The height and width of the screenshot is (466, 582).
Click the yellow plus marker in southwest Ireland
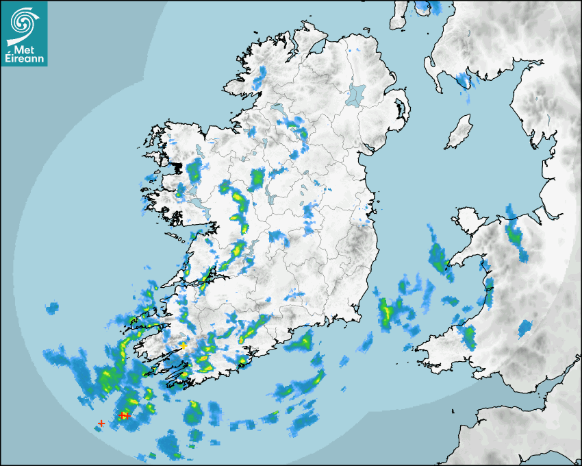(184, 346)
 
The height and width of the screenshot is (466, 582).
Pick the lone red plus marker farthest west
(101, 424)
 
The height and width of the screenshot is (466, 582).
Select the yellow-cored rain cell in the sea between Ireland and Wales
(388, 312)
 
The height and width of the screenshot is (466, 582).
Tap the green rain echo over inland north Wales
(514, 234)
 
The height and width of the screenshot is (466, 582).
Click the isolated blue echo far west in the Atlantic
(52, 309)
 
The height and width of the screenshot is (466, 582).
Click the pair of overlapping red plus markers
(124, 415)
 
